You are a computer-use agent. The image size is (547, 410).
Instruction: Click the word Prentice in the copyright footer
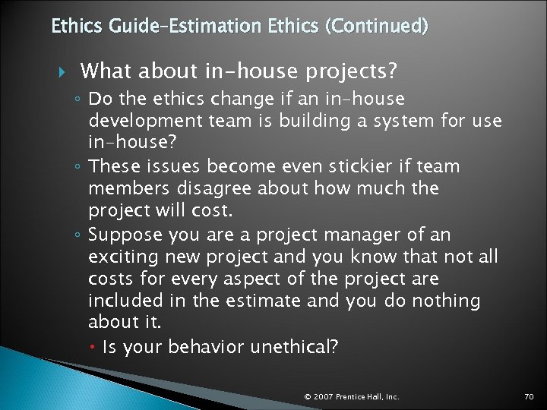(352, 396)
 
